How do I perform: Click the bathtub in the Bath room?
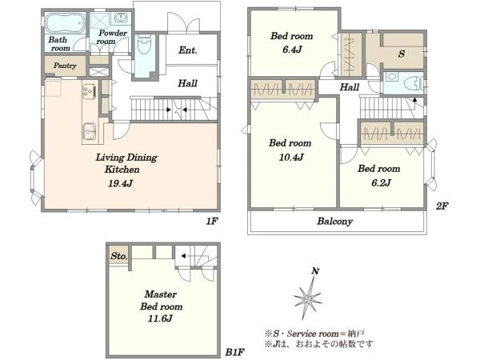click(x=66, y=22)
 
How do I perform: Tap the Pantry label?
click(x=65, y=66)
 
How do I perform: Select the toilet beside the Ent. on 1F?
click(x=145, y=46)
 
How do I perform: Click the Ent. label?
click(x=188, y=50)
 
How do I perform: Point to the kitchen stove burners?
click(x=90, y=91)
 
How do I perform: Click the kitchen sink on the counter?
click(x=90, y=132)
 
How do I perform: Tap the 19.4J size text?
click(x=120, y=183)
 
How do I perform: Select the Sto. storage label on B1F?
click(x=118, y=256)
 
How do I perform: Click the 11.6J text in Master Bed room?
click(x=160, y=318)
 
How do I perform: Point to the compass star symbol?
click(x=308, y=298)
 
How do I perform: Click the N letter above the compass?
click(x=316, y=271)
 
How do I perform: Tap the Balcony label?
click(x=335, y=221)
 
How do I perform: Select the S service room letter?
click(x=402, y=54)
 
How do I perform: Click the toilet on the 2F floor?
click(x=411, y=82)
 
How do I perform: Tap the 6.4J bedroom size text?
click(x=292, y=50)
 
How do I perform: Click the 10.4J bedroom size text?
click(x=291, y=158)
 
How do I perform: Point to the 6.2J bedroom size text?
click(x=381, y=182)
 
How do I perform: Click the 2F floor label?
click(x=442, y=206)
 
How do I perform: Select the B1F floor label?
click(x=234, y=352)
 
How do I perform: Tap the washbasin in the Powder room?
click(x=121, y=18)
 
